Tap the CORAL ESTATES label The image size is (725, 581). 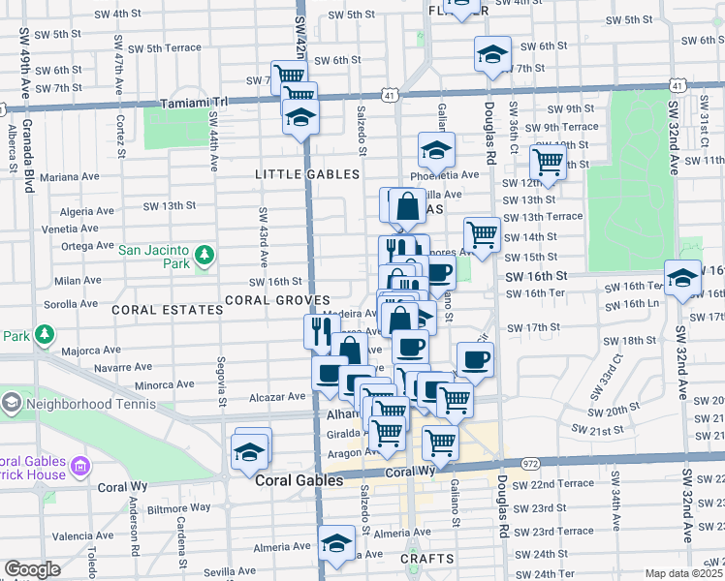[x=167, y=310]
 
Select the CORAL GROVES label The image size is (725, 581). [x=278, y=300]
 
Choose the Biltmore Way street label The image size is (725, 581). [x=179, y=506]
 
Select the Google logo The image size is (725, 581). [x=32, y=569]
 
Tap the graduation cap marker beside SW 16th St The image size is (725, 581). [x=682, y=279]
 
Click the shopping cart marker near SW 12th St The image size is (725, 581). [x=549, y=165]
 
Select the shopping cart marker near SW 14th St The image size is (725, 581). [x=482, y=235]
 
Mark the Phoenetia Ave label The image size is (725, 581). [x=444, y=175]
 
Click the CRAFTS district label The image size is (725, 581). [x=426, y=560]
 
